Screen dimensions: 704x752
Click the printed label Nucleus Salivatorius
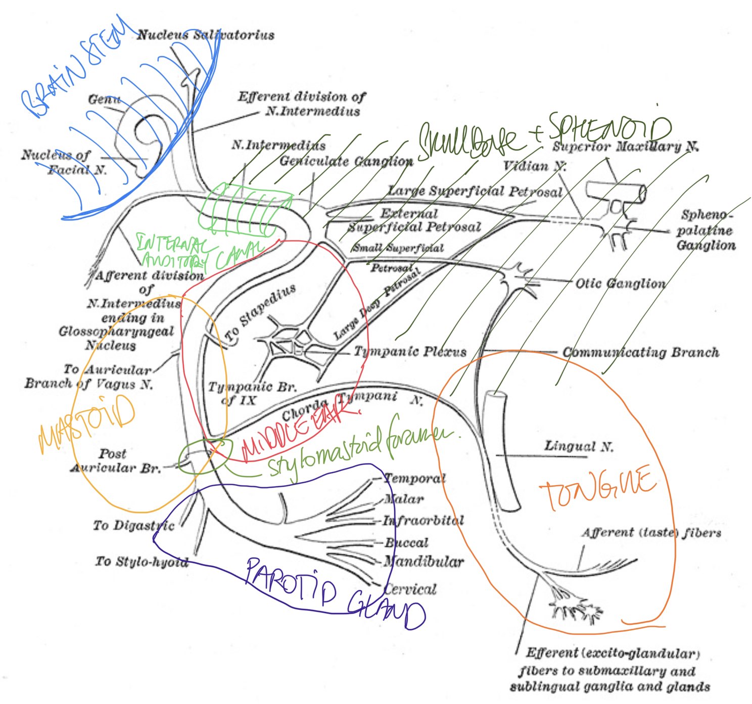pyautogui.click(x=206, y=35)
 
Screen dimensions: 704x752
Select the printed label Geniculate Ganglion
pyautogui.click(x=346, y=161)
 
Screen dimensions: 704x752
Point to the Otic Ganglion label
pyautogui.click(x=620, y=284)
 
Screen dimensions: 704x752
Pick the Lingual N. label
pyautogui.click(x=579, y=446)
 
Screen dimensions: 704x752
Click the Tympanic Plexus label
pyautogui.click(x=410, y=351)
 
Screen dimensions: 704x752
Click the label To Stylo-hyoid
pyautogui.click(x=142, y=561)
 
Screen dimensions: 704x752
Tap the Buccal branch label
pyautogui.click(x=406, y=543)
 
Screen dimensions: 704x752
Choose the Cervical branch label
pyautogui.click(x=410, y=589)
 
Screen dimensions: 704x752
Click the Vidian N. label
pyautogui.click(x=534, y=166)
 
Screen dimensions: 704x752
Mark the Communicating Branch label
pyautogui.click(x=640, y=352)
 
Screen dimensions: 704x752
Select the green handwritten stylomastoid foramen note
pyautogui.click(x=359, y=450)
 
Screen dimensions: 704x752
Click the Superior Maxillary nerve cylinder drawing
pyautogui.click(x=616, y=193)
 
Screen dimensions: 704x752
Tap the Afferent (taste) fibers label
pyautogui.click(x=651, y=533)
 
